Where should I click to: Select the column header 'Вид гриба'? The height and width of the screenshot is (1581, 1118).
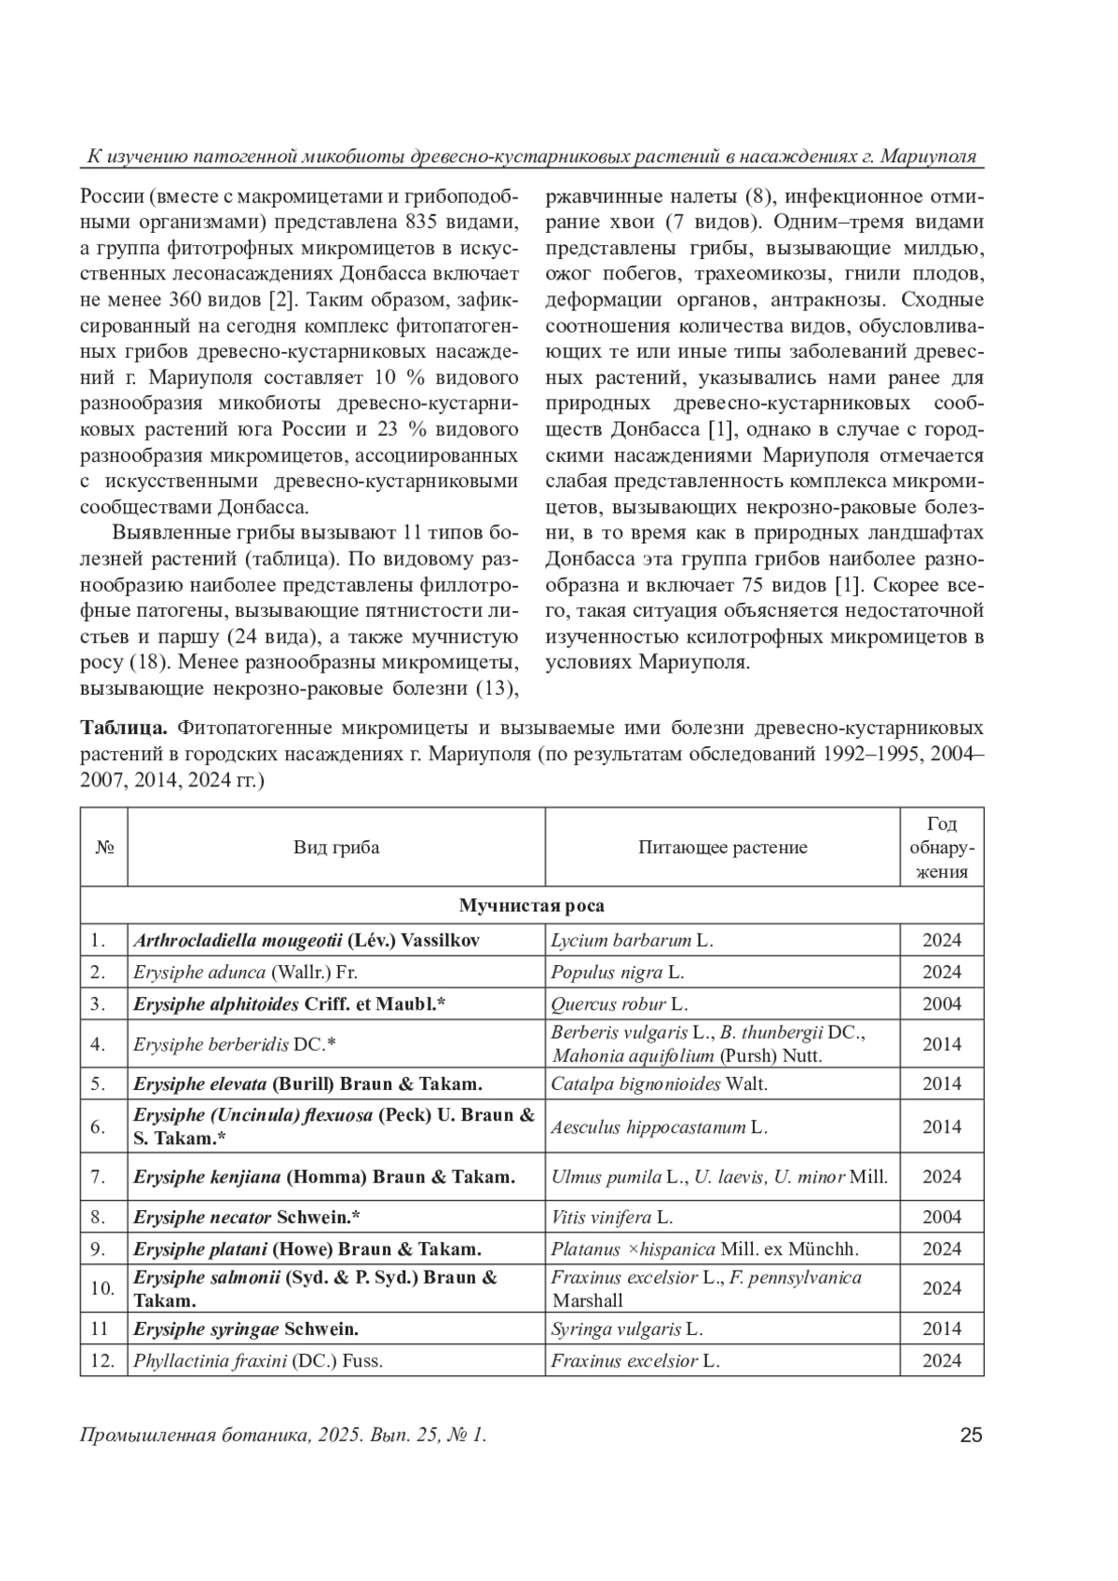click(336, 847)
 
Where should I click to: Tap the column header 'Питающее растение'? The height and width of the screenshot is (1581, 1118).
click(722, 847)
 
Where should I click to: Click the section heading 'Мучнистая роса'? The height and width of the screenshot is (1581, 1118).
click(531, 906)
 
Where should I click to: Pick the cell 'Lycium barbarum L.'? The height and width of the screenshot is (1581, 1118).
click(632, 940)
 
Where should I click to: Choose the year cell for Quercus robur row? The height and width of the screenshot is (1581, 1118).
click(941, 1003)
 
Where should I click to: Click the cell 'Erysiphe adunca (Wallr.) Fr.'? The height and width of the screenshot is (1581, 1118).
click(246, 972)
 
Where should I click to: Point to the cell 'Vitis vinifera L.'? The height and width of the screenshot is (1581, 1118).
click(612, 1217)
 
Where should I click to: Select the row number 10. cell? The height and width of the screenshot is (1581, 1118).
click(102, 1288)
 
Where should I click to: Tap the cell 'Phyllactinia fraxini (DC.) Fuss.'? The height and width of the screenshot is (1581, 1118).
click(258, 1360)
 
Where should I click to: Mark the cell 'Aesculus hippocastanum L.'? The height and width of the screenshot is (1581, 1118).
click(659, 1126)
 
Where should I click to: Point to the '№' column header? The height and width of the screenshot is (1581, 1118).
click(103, 847)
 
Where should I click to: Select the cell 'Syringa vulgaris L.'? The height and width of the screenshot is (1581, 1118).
click(626, 1329)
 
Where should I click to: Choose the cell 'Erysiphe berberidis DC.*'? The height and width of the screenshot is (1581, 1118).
click(234, 1043)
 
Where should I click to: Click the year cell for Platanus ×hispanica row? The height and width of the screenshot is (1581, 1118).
click(941, 1248)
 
